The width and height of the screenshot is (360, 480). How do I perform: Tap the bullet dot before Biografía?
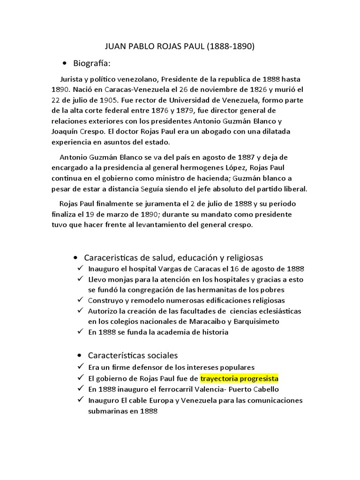pos(64,63)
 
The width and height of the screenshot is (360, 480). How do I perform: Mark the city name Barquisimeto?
pos(256,321)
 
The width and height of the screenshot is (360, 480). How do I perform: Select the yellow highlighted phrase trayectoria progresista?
pos(239,378)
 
